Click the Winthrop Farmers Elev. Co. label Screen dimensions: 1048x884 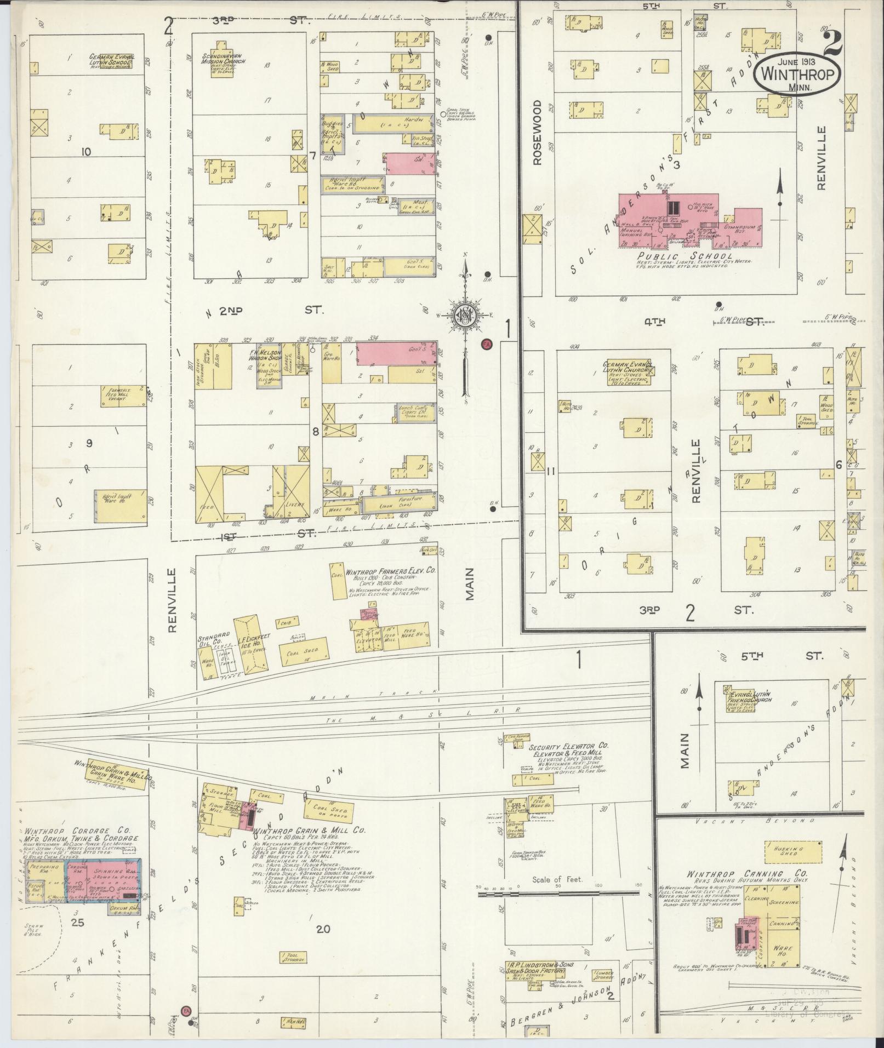(390, 570)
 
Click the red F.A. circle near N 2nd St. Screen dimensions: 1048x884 (486, 344)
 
